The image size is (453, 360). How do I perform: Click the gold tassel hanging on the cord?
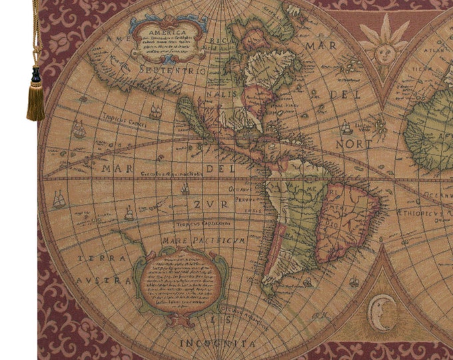pos(35,100)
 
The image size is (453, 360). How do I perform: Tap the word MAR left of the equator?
pos(116,168)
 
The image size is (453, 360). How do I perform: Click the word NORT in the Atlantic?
pos(353,143)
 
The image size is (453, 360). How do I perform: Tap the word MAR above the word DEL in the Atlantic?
pos(321,46)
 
